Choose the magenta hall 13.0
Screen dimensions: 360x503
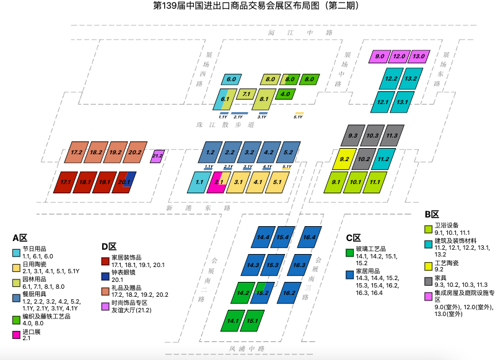pos(418,56)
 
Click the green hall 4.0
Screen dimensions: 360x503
pos(286,94)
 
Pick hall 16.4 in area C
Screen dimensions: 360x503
pos(309,237)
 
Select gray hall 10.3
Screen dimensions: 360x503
pos(372,136)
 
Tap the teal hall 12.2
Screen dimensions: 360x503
pos(391,79)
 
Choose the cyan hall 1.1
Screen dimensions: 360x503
pos(198,183)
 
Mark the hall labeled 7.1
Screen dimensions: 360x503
pos(246,94)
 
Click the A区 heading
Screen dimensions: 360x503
pos(20,238)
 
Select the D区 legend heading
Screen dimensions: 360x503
pos(109,247)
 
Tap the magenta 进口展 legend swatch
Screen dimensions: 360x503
pos(16,335)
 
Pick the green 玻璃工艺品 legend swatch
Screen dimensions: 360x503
pos(349,253)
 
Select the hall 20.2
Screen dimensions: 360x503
pos(136,152)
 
